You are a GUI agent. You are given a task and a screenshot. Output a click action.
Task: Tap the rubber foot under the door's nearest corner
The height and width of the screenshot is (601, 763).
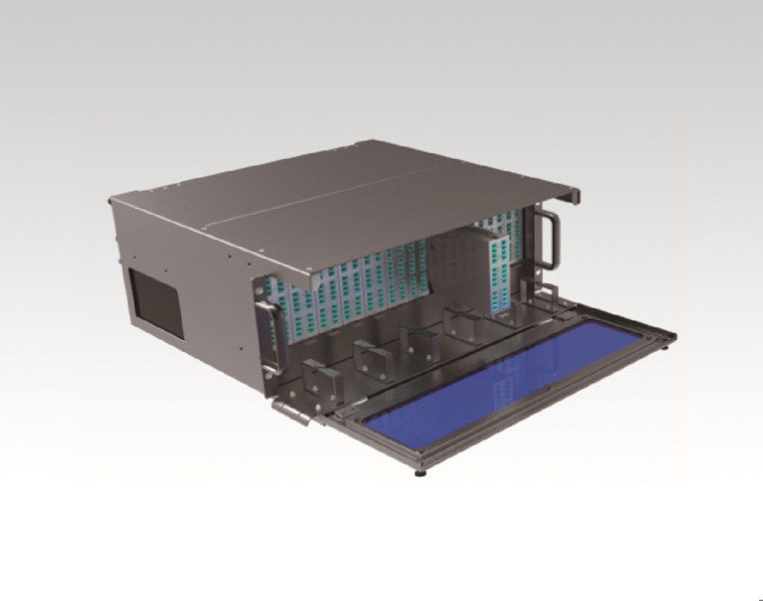point(422,472)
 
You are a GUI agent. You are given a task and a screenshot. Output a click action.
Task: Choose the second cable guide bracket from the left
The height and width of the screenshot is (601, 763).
point(370,358)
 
